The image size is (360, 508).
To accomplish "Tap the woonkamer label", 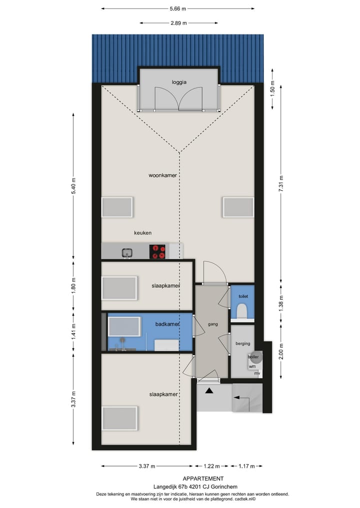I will [163, 175].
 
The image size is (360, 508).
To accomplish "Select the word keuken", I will [142, 233].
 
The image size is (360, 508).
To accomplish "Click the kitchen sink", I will [127, 253].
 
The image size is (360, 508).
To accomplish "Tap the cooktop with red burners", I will [158, 251].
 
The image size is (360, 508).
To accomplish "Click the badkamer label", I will [167, 324].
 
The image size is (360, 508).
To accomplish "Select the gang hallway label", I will [212, 324].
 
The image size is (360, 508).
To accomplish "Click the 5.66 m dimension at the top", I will [177, 8].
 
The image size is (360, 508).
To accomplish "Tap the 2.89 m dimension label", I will [178, 23].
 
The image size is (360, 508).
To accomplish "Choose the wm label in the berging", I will [252, 366].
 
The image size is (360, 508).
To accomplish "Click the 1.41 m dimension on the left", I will [73, 332].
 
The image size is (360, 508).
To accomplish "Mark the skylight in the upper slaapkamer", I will [119, 288].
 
